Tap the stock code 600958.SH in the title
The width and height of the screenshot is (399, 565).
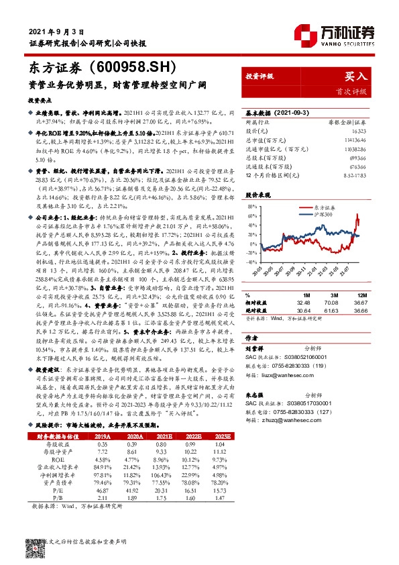[134, 67]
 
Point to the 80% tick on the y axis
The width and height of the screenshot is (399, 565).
[253, 207]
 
